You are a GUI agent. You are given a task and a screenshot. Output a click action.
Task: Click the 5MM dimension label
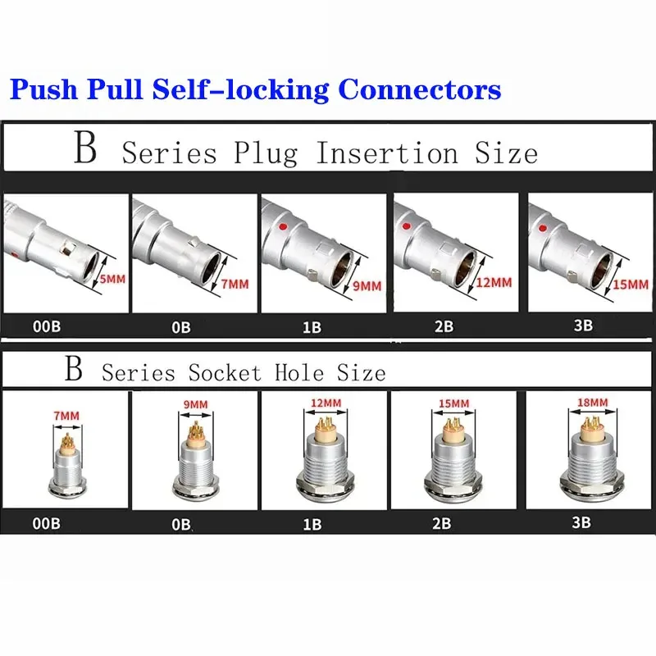[x=112, y=279]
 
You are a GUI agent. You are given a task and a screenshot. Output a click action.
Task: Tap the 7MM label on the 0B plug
[x=235, y=284]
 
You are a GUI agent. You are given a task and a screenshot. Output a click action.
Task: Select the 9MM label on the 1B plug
[x=367, y=286]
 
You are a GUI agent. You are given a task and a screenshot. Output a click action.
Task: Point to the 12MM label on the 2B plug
[x=494, y=283]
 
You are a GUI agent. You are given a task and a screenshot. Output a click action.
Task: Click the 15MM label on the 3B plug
[x=631, y=285]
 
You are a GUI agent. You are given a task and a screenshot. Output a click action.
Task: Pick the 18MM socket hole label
[x=592, y=403]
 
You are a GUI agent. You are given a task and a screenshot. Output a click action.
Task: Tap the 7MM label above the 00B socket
[x=66, y=416]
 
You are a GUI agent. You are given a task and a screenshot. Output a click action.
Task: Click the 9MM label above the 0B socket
[x=196, y=404]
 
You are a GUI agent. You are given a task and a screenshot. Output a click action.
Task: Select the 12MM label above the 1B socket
[x=326, y=403]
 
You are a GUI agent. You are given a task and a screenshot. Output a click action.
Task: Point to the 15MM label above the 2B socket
[x=454, y=403]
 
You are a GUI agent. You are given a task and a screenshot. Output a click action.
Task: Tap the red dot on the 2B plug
[x=406, y=226]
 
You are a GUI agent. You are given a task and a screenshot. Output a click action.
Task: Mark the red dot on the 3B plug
[x=543, y=229]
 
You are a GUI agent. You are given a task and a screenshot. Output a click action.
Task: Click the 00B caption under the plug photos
[x=47, y=326]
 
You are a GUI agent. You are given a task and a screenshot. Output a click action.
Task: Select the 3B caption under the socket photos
[x=581, y=522]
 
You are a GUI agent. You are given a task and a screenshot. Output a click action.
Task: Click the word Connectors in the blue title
[x=420, y=89]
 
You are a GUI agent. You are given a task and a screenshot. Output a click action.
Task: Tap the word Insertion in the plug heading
[x=387, y=153]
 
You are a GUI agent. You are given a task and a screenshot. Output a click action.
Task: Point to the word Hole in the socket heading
[x=299, y=372]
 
